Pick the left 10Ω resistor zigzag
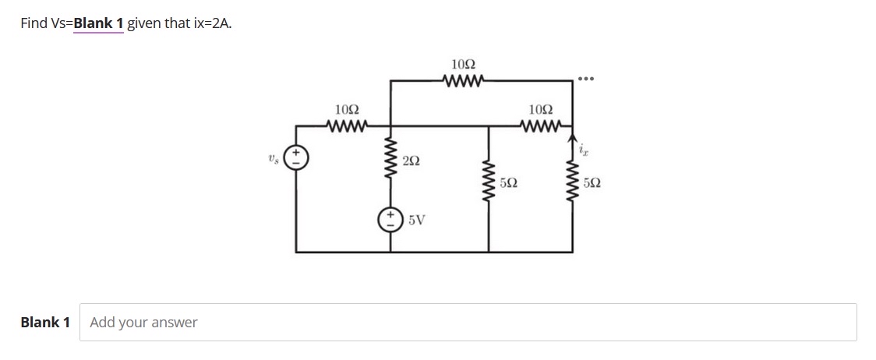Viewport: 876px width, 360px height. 347,125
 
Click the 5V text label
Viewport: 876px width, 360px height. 416,220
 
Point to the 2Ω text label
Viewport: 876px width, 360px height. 412,161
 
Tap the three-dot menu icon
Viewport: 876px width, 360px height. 586,79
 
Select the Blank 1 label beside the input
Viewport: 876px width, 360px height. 45,322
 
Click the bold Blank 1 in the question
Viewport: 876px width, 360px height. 98,23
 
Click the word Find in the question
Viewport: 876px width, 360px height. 34,23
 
